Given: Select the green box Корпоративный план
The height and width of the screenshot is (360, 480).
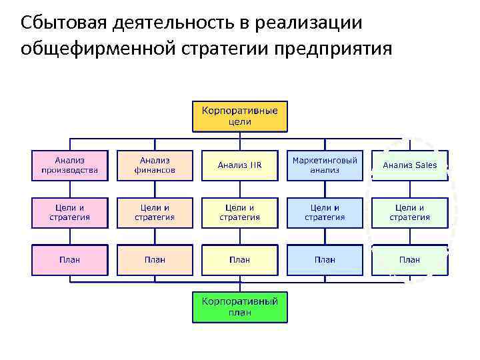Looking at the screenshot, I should pos(240,307).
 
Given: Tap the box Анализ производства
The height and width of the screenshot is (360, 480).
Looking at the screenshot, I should pos(70,165).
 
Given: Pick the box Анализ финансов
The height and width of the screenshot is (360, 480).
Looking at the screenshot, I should pos(155,165).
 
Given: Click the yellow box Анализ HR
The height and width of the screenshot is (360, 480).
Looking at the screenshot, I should pos(240,165).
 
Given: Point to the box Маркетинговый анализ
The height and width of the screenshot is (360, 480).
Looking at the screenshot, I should pos(325,165).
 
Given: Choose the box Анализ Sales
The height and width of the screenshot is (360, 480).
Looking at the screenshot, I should pos(409,165).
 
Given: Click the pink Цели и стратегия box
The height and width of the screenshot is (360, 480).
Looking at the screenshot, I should pos(70,213).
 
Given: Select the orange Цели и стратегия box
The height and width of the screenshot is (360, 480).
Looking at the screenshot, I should pos(155,213).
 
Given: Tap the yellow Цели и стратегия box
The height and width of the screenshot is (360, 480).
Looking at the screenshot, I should pos(240,213).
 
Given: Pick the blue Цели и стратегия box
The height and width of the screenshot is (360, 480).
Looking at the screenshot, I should pos(325,213).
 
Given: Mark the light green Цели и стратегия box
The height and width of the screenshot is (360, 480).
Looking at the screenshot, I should pos(409,213).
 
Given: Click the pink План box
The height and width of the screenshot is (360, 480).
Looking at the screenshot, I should pos(70,259).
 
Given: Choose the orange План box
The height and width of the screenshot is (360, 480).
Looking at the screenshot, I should pos(155,259).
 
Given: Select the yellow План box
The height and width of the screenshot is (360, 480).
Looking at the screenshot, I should pos(240,259).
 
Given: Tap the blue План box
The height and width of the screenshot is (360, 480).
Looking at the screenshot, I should pos(325,259).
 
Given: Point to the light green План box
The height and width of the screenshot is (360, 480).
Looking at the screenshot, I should pos(409,259).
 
